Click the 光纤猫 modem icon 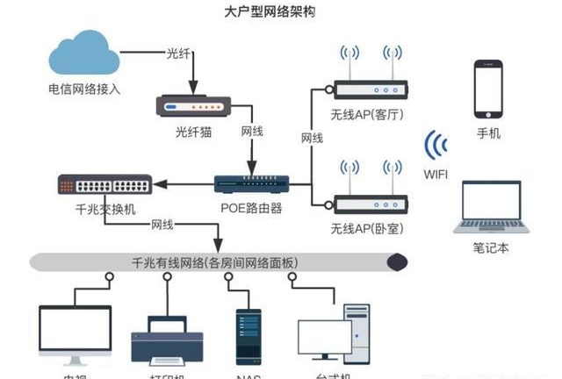(193, 106)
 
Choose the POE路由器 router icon (251, 182)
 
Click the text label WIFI (435, 175)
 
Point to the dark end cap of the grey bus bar (398, 261)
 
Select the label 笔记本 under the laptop (492, 247)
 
